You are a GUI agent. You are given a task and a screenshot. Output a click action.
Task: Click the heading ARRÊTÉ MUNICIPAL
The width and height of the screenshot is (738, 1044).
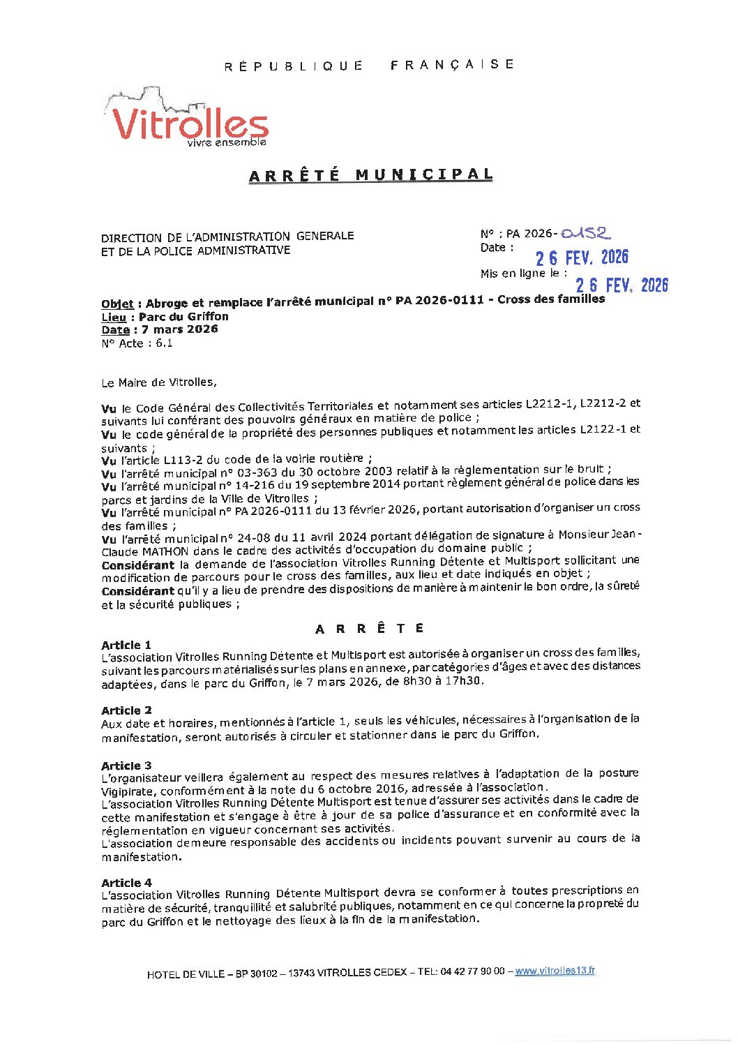371,174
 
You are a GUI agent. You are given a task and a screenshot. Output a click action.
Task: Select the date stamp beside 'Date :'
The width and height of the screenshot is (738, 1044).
582,258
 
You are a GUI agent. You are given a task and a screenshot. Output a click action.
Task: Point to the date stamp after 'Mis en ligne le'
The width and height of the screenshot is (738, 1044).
622,285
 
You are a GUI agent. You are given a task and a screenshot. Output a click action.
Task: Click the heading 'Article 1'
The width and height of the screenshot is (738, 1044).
126,645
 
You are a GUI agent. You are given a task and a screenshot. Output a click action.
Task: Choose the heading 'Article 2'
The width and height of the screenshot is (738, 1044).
126,710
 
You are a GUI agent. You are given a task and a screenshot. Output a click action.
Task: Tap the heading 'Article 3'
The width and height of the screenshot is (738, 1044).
126,766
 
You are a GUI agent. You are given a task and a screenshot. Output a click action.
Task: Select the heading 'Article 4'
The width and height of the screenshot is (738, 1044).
126,883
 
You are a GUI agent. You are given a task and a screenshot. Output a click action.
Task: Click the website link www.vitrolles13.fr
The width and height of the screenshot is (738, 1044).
555,971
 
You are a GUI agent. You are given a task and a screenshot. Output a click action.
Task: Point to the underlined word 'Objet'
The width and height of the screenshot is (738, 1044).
117,304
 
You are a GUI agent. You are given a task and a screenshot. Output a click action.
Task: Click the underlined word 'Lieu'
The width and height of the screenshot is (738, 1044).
114,318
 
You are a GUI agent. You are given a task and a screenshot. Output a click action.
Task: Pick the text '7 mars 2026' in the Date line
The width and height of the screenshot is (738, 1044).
180,329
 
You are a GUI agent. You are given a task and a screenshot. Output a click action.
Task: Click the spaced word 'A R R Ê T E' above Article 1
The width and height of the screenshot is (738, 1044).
370,629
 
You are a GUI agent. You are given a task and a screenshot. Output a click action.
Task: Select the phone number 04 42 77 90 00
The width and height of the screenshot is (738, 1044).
472,971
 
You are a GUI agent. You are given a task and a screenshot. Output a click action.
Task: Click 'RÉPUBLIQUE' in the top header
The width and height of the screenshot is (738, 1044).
294,66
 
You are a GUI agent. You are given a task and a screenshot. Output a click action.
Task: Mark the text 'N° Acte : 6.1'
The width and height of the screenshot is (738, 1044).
137,343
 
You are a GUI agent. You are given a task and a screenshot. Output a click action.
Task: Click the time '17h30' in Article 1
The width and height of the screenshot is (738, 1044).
467,681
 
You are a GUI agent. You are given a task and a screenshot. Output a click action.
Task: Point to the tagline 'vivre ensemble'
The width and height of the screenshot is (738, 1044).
227,142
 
